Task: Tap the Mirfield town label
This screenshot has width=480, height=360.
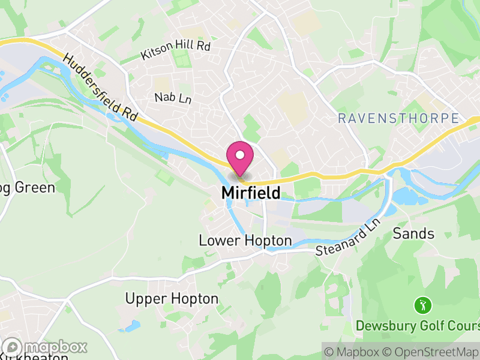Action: [251, 193]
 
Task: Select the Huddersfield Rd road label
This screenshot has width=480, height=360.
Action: [100, 86]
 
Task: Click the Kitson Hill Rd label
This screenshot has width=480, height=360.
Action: [175, 50]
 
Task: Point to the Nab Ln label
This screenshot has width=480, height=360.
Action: [172, 98]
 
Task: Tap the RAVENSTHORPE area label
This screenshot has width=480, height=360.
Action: [398, 118]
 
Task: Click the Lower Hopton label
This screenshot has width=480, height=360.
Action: [245, 241]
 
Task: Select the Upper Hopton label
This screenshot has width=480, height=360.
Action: [172, 298]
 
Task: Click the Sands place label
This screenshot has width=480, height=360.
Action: [413, 233]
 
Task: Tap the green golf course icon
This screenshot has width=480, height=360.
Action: [423, 305]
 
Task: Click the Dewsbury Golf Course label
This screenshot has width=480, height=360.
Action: [418, 326]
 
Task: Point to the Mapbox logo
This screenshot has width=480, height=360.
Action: [45, 347]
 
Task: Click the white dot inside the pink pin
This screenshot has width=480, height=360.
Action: [240, 155]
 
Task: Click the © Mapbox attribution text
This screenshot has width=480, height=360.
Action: [354, 351]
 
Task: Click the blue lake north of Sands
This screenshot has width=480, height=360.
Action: [407, 196]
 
